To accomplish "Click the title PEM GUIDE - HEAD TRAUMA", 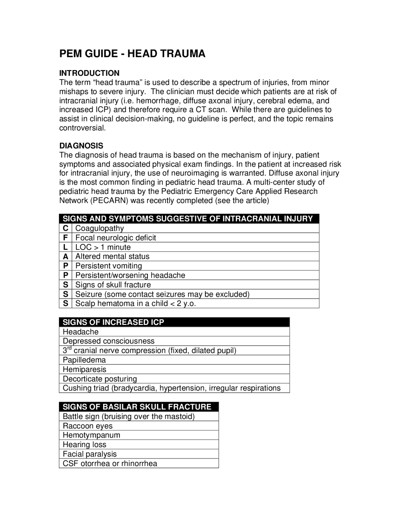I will [132, 54].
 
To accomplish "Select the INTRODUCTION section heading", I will [89, 73].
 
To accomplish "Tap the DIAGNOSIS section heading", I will [81, 146].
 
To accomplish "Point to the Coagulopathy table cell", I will [100, 228].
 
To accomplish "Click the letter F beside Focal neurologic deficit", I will [65, 238].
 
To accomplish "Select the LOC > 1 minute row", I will [103, 247].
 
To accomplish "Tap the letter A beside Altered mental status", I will [65, 256].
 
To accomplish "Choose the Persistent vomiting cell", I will [109, 266].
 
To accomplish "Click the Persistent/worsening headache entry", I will [130, 275].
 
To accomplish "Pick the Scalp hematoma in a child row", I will [135, 304].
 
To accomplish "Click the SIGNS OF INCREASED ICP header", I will [113, 322].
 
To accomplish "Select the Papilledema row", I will [84, 360].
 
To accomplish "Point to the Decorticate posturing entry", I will [100, 379].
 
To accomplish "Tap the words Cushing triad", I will [86, 388].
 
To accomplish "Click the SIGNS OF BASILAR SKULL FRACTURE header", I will [137, 407].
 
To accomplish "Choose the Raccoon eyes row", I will [88, 426].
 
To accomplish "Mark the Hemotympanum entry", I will [91, 435].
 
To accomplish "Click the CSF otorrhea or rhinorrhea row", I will [110, 463].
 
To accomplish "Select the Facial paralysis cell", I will [90, 454].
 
